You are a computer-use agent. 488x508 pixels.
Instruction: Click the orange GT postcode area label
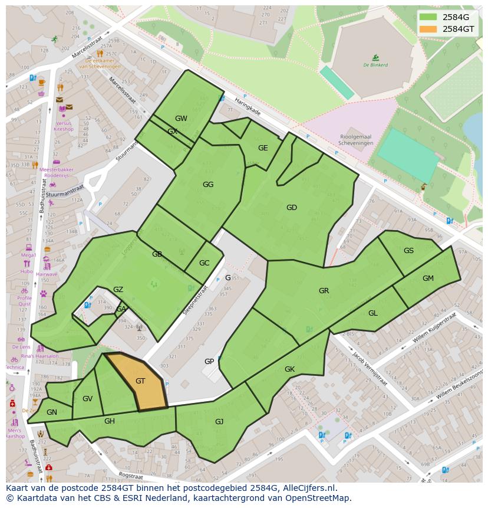pyautogui.click(x=140, y=381)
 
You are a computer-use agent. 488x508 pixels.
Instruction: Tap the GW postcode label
pyautogui.click(x=181, y=119)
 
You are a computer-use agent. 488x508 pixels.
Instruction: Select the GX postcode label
pyautogui.click(x=172, y=132)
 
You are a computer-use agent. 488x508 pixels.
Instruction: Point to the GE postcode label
pyautogui.click(x=263, y=148)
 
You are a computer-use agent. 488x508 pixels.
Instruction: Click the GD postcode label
pyautogui.click(x=291, y=208)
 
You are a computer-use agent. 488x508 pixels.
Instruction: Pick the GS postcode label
pyautogui.click(x=408, y=251)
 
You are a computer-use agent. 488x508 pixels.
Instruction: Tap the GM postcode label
pyautogui.click(x=428, y=278)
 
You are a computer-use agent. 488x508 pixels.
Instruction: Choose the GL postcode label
pyautogui.click(x=373, y=313)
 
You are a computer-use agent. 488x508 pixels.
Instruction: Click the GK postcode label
pyautogui.click(x=289, y=369)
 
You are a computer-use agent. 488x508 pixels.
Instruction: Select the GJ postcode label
pyautogui.click(x=219, y=421)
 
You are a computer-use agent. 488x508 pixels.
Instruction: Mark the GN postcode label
pyautogui.click(x=52, y=412)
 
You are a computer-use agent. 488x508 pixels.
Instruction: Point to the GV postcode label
pyautogui.click(x=87, y=399)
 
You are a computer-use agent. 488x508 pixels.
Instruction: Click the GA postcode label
pyautogui.click(x=120, y=309)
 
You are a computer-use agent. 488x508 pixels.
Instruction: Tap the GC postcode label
pyautogui.click(x=204, y=263)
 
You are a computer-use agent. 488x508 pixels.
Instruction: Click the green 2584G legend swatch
pyautogui.click(x=428, y=17)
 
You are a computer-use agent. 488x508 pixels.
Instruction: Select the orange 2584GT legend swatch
pyautogui.click(x=428, y=29)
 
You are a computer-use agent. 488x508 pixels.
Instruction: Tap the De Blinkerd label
pyautogui.click(x=375, y=65)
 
